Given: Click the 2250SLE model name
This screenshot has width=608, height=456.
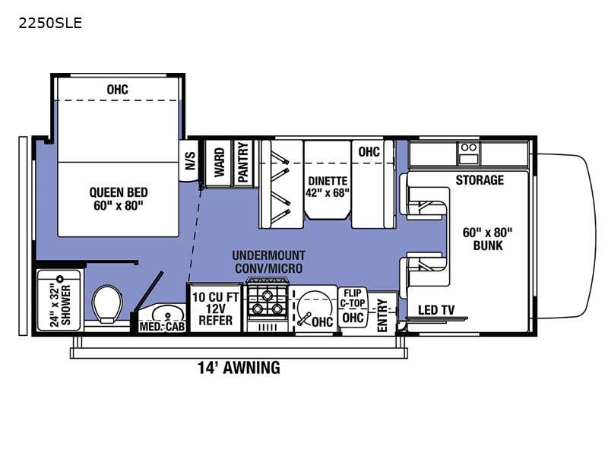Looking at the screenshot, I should pyautogui.click(x=49, y=23).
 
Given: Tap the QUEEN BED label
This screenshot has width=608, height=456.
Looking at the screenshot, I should pyautogui.click(x=118, y=199).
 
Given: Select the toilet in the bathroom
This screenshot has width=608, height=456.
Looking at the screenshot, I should pyautogui.click(x=107, y=305).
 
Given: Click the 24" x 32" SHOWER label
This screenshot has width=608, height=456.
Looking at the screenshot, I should pyautogui.click(x=59, y=301).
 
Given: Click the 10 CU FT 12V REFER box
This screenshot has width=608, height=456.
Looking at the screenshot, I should pyautogui.click(x=216, y=309).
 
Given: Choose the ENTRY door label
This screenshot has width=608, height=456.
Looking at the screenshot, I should pyautogui.click(x=382, y=312).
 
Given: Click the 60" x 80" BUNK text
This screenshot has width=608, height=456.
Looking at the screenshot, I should pyautogui.click(x=487, y=239).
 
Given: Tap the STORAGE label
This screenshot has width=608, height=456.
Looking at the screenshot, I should pyautogui.click(x=479, y=180).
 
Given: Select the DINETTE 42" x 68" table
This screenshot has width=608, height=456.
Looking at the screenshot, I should pyautogui.click(x=328, y=186).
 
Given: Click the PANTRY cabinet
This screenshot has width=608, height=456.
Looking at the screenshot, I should pyautogui.click(x=242, y=162).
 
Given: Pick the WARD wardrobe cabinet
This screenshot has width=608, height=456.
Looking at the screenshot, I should pyautogui.click(x=219, y=162).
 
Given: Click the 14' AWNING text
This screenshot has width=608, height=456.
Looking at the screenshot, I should pyautogui.click(x=239, y=368).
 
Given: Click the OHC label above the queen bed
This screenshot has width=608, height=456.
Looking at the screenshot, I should pyautogui.click(x=117, y=90).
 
